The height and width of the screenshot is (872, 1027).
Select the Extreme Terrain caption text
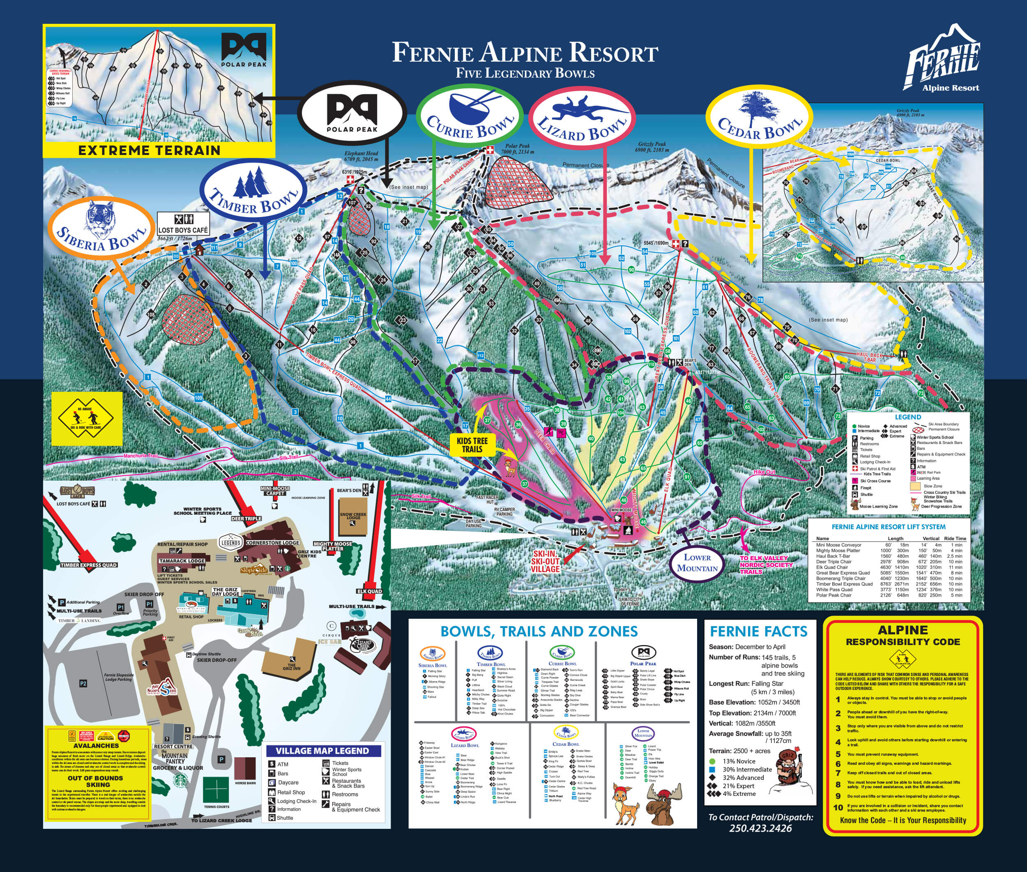149,150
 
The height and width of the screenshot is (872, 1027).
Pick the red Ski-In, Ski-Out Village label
546,561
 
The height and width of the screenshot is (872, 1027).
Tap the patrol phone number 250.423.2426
760,828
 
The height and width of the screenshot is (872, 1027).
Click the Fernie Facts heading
758,631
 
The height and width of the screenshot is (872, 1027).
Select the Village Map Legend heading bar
322,751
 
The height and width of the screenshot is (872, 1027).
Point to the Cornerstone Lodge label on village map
272,543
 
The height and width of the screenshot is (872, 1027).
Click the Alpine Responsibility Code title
903,636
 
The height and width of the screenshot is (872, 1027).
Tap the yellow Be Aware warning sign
86,418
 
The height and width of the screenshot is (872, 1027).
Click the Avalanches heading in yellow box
96,745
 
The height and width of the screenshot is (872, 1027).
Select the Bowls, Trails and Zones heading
539,631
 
